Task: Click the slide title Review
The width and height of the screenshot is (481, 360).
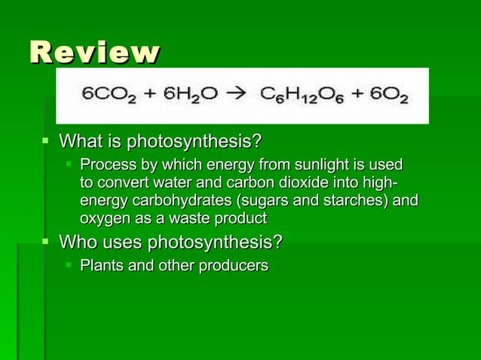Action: click(94, 53)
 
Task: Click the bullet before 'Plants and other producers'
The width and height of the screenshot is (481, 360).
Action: click(69, 265)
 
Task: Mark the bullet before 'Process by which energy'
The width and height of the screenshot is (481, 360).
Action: click(69, 163)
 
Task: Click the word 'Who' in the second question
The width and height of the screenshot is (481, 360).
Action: click(78, 243)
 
